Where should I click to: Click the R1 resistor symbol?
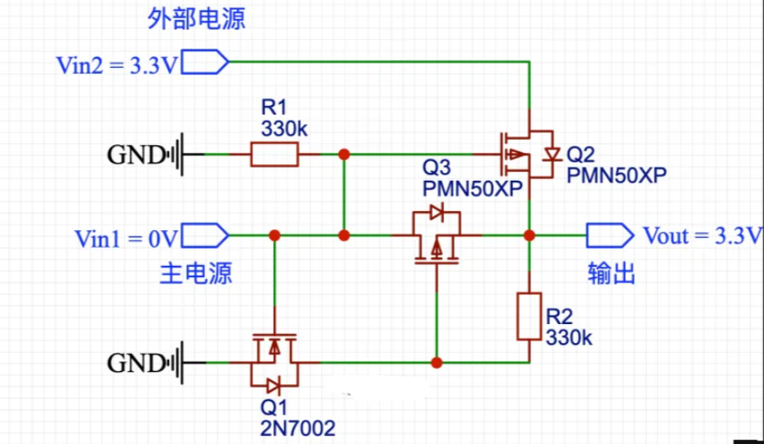coord(275,156)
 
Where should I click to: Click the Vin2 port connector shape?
coord(206,63)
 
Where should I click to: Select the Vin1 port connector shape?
coord(206,235)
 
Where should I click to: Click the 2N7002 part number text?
coord(297,427)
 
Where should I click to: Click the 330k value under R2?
coord(569,338)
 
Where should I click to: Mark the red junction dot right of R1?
coord(344,154)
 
